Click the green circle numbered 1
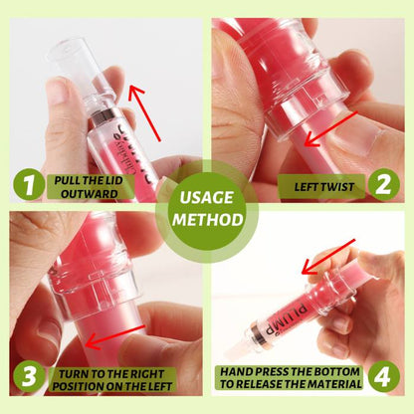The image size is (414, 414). pos(29,184)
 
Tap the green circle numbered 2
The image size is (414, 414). pos(384,184)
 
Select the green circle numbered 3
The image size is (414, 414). pos(29,376)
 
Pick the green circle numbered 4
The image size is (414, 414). pos(384,376)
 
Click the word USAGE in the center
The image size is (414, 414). pos(206,197)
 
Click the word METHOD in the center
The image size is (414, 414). pos(208,220)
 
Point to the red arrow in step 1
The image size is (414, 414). pos(144,113)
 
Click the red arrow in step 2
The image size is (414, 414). pos(331,129)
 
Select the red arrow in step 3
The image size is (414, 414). pos(115,337)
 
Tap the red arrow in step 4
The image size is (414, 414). pos(328,257)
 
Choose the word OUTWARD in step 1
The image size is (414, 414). pos(90,194)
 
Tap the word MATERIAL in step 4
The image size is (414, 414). pos(334,384)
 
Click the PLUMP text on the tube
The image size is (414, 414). pos(288,317)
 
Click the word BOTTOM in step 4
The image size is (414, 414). pos(340,371)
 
